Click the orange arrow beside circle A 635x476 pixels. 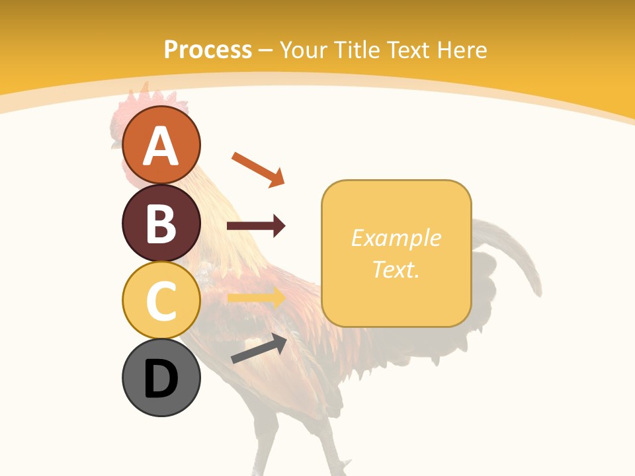coord(258,169)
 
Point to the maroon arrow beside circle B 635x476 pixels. coord(256,226)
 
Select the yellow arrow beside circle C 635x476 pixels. coord(256,298)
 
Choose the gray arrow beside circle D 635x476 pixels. coord(259,349)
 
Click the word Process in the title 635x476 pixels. coord(208,50)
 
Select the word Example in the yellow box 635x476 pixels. coord(396,238)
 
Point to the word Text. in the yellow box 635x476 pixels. coord(396,269)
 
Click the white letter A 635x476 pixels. coord(161,145)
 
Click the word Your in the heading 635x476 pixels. coord(304,50)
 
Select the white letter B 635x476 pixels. coord(161,223)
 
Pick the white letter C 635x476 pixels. coord(161,301)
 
